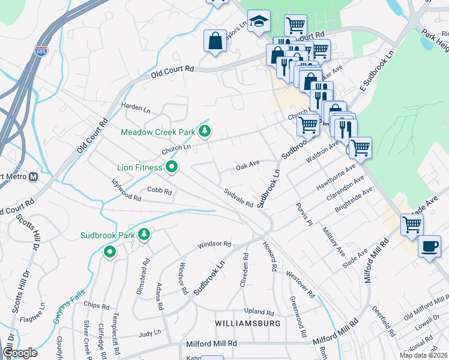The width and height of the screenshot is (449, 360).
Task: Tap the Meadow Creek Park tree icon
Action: [205, 131]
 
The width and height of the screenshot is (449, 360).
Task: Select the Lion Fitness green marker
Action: [172, 167]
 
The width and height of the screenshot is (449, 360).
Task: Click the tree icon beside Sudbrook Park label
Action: [143, 234]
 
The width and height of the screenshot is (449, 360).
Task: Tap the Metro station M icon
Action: [33, 176]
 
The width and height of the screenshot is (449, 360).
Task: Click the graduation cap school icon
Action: [259, 22]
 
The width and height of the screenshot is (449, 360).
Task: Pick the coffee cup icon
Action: [429, 247]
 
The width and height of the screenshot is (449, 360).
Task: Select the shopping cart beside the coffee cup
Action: [412, 224]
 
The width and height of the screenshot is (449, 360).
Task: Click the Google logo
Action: [20, 353]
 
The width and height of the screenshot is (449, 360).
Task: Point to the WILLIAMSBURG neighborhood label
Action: [249, 323]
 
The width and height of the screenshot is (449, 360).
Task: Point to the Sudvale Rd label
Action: [238, 197]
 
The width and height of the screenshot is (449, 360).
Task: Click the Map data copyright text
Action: [423, 355]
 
